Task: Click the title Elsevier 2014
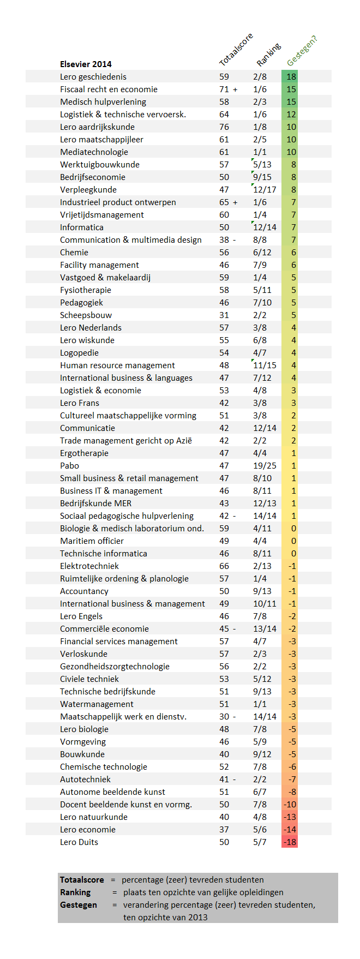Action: point(86,64)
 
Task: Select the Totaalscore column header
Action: point(236,50)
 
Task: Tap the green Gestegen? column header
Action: point(302,51)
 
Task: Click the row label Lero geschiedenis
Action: point(93,77)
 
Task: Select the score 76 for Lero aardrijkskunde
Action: point(224,127)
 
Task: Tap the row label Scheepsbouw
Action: point(86,315)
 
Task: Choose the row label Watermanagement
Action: point(97,704)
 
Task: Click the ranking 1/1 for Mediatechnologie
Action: point(260,152)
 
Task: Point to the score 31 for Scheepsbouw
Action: point(224,315)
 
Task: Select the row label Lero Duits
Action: point(79,842)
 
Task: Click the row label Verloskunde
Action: point(83,654)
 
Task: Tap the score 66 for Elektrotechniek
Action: point(224,566)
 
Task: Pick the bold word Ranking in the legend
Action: point(75,892)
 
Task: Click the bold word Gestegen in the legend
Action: point(79,905)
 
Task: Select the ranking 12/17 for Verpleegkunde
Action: point(265,190)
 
